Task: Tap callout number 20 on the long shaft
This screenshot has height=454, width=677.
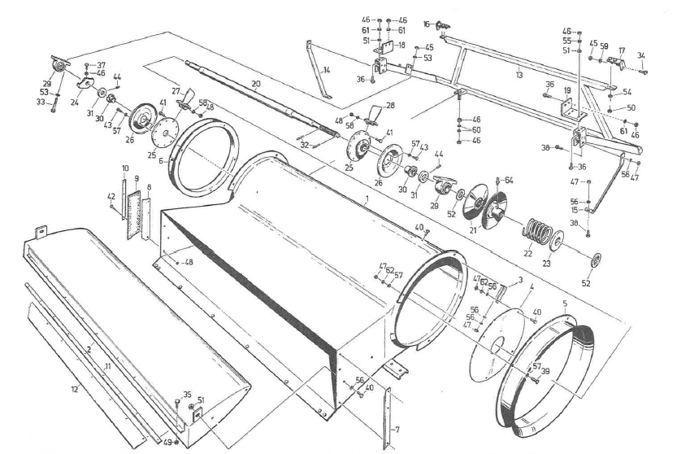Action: (x=255, y=84)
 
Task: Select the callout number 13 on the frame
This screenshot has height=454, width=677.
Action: (x=519, y=76)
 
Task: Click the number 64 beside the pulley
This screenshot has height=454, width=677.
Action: (x=510, y=180)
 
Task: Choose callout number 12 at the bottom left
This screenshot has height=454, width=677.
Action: (x=74, y=390)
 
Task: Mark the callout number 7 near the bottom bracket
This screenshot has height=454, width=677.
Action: (x=396, y=428)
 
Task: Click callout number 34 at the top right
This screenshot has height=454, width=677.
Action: (x=640, y=55)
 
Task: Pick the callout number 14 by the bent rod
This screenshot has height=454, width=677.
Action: (x=326, y=71)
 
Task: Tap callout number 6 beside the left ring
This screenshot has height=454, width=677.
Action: (x=161, y=161)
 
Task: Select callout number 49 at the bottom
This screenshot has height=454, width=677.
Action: (x=167, y=442)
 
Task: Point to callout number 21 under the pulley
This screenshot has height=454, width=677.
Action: (x=471, y=229)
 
